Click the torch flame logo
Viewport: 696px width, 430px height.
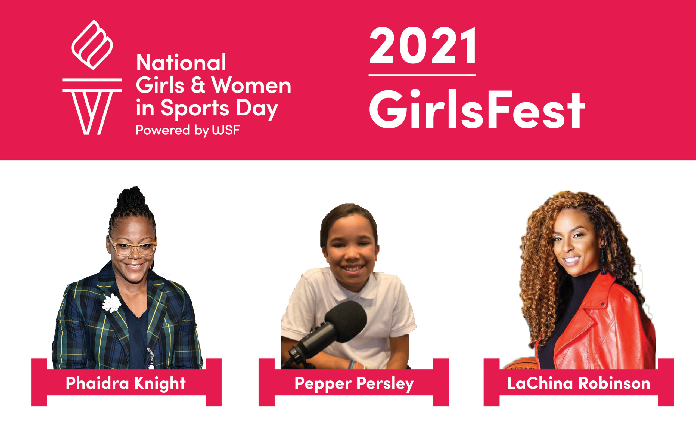coord(92,45)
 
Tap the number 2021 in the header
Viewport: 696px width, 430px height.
coord(423,45)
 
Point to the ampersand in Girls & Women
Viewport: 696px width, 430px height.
coord(198,85)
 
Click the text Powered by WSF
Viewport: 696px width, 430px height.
coord(188,131)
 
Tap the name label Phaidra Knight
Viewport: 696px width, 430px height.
coord(126,383)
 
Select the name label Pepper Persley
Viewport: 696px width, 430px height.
coord(354,384)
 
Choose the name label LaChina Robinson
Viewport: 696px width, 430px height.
coord(579,383)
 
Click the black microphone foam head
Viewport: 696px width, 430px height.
coord(346,321)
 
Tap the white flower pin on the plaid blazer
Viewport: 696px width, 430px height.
coord(111,303)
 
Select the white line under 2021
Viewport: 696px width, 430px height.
coord(422,75)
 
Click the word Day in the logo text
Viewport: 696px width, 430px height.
coord(257,109)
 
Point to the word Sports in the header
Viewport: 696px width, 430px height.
coord(195,109)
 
